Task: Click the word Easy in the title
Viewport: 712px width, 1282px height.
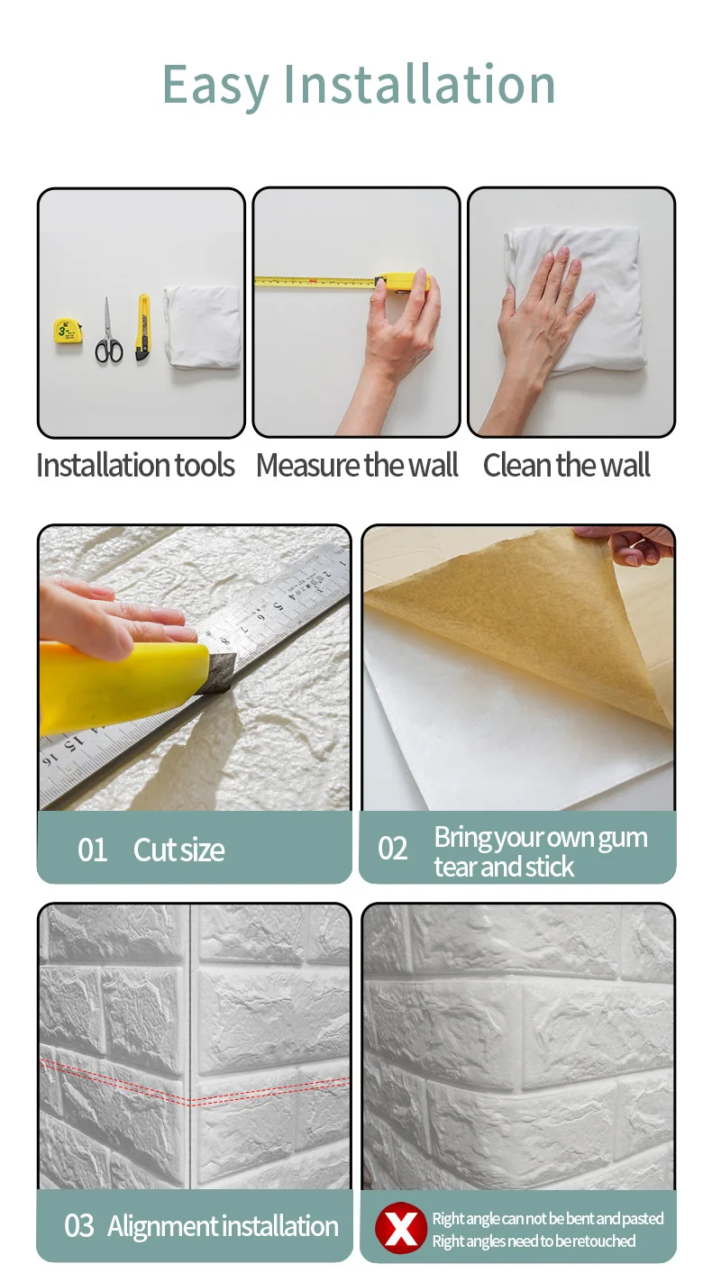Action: coord(215,86)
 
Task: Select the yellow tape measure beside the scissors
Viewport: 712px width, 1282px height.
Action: coord(68,331)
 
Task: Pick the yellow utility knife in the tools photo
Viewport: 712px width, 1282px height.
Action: coord(143,327)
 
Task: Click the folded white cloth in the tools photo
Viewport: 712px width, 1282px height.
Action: coord(203,326)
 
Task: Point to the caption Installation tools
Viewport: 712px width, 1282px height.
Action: coord(136,465)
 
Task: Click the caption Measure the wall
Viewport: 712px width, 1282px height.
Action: coord(357,465)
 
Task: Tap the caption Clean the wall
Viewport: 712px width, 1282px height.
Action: coord(566,465)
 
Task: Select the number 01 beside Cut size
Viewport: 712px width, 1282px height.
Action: coord(92,850)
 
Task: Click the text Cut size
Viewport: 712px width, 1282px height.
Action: coord(178,850)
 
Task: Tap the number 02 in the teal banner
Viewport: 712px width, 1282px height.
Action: coord(392,849)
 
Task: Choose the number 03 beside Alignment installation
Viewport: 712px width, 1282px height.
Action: coord(78,1226)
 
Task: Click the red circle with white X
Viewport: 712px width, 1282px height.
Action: coord(401,1228)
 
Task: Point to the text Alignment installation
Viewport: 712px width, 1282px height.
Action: coord(223,1226)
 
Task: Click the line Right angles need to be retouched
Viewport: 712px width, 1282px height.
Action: coord(534,1241)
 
